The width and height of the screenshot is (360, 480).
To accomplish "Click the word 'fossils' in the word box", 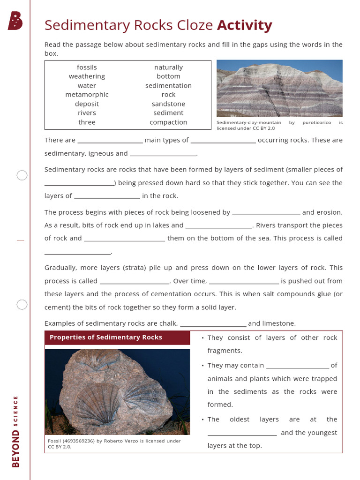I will click(x=87, y=67).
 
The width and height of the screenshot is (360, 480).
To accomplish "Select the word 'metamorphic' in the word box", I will click(x=87, y=95).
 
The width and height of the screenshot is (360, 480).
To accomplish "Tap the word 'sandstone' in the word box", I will click(x=168, y=104).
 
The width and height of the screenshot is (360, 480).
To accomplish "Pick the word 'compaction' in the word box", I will click(x=168, y=122).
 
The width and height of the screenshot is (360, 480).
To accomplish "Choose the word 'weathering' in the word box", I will click(x=87, y=76).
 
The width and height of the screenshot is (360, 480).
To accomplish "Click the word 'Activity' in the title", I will click(x=244, y=25).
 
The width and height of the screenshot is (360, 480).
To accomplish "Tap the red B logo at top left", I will click(x=15, y=21).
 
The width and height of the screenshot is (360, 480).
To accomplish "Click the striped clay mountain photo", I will click(x=279, y=88).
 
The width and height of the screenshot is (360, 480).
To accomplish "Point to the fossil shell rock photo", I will click(x=117, y=392).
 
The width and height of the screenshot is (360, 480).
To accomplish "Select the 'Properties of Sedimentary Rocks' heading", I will click(x=106, y=337).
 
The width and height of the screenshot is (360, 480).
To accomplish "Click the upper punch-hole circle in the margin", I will click(x=22, y=176).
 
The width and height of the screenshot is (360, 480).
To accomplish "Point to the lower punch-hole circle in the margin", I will click(x=22, y=305).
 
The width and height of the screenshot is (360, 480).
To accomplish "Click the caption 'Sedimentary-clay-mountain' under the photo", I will click(x=249, y=122).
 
